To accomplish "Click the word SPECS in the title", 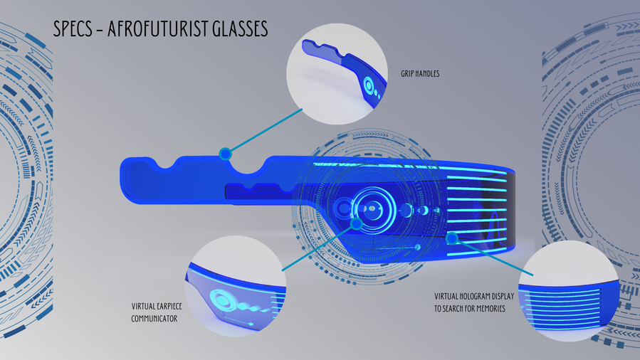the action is [x=73, y=28].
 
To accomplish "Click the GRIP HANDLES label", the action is [x=420, y=74].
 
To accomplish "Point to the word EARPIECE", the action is [x=167, y=306].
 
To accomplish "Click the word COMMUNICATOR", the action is [x=154, y=319].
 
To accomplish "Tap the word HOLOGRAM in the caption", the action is [x=474, y=297].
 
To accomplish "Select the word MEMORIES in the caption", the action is [x=491, y=309].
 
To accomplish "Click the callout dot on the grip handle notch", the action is [x=225, y=154].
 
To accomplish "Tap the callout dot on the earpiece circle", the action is [x=357, y=224].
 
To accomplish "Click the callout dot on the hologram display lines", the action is [x=452, y=238].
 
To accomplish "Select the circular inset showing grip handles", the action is [x=337, y=74].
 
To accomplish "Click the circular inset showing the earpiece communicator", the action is [x=236, y=286].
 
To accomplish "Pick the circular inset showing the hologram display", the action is [x=569, y=291].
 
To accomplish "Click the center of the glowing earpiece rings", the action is [x=372, y=208].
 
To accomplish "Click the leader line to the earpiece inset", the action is [x=319, y=248].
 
